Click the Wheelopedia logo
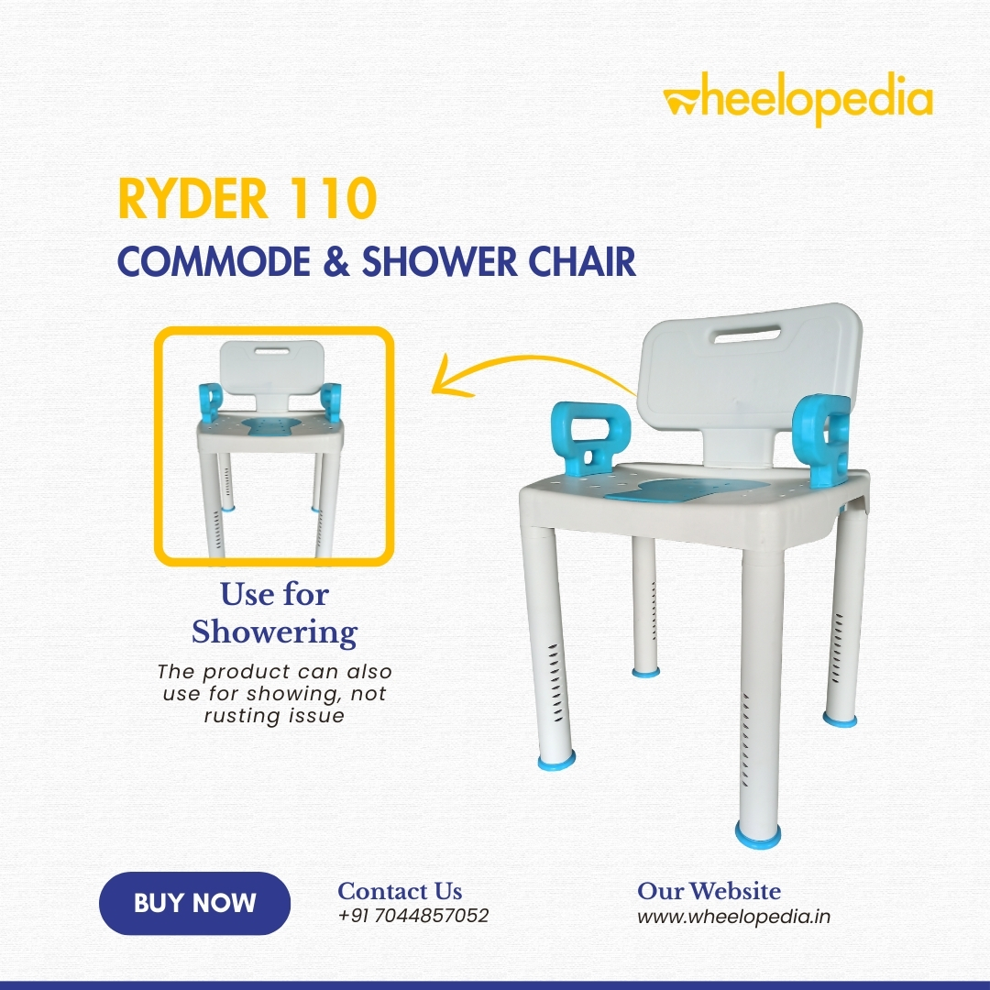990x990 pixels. pos(797,101)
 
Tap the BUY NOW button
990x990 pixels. pos(194,903)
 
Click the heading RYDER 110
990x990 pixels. pos(247,198)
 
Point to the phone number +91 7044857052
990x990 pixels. pos(413,916)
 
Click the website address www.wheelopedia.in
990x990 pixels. pos(733,917)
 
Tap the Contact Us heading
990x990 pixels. pos(400,891)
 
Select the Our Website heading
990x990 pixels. pos(709,891)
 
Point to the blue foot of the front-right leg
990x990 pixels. pos(758,835)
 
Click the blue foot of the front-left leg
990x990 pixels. pos(556,760)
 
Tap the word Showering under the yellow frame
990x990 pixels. pos(275,632)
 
